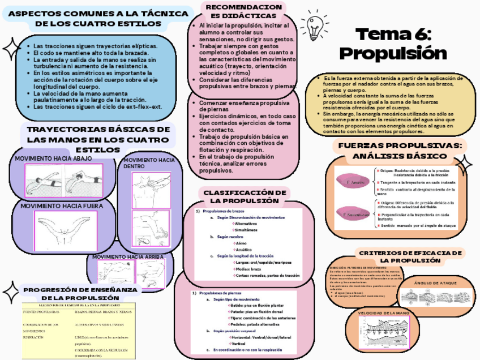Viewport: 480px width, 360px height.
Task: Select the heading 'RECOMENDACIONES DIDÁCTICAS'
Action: (243, 11)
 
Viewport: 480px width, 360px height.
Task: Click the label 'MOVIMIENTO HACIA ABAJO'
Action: (52, 158)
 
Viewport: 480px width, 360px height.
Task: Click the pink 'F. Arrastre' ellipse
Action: (355, 182)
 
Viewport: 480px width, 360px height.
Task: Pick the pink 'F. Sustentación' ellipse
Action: (355, 215)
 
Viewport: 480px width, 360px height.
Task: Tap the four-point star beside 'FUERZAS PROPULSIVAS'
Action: (463, 165)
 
